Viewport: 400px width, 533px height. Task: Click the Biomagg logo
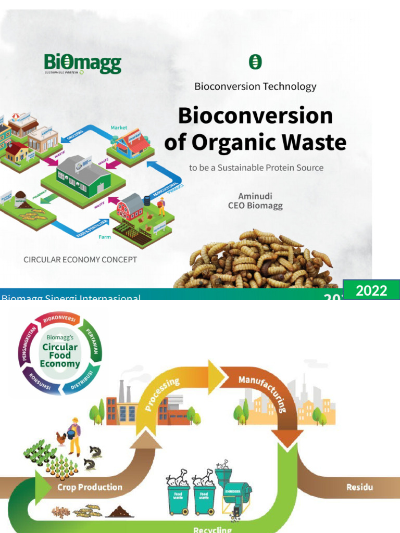82,65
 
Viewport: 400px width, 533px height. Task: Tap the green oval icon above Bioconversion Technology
255,62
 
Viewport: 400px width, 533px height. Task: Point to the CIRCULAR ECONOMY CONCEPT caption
80,259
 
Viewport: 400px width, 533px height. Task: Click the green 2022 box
371,290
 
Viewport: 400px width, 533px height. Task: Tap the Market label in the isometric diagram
119,128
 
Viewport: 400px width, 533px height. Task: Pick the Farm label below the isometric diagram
105,237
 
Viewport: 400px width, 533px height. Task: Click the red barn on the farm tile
130,207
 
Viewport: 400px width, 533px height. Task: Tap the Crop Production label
90,488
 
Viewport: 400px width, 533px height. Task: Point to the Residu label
359,488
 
